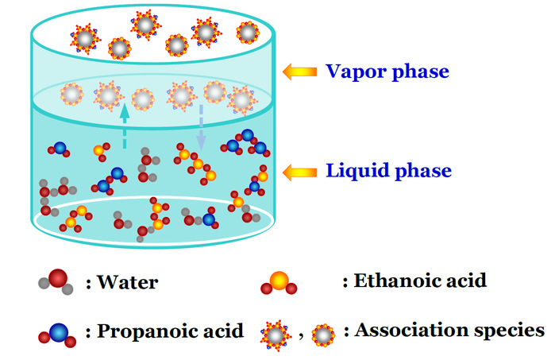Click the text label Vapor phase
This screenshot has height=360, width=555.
(x=387, y=72)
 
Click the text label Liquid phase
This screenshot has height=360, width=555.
(x=388, y=170)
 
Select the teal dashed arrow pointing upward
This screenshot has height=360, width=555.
(x=124, y=128)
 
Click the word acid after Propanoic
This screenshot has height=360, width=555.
(x=219, y=331)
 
